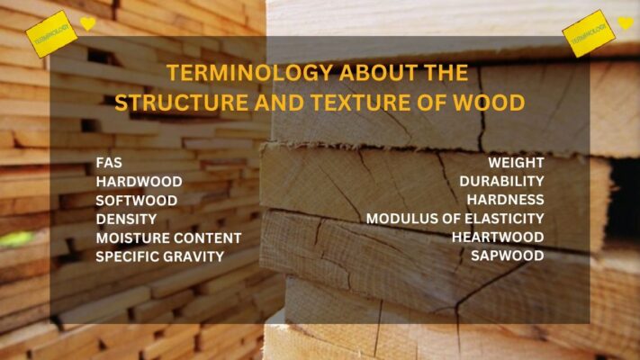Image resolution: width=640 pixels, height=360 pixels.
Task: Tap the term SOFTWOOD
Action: (x=137, y=200)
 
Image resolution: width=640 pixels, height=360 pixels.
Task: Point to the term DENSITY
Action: (x=126, y=219)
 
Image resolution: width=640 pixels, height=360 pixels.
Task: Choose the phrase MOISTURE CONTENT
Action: (x=168, y=238)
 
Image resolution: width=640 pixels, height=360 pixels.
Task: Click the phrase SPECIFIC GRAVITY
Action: (x=160, y=256)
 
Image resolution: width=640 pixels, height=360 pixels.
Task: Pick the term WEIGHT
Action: (x=516, y=163)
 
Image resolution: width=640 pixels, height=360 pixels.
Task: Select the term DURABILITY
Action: (x=501, y=182)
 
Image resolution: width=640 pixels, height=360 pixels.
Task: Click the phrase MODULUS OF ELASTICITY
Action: (x=455, y=219)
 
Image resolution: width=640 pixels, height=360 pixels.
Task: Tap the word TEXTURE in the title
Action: (x=350, y=103)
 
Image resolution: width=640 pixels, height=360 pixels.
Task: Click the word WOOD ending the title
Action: (x=491, y=103)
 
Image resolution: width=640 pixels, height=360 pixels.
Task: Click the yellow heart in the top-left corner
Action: (x=87, y=23)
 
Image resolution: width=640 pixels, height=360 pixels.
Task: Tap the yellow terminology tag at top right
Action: (x=589, y=33)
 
